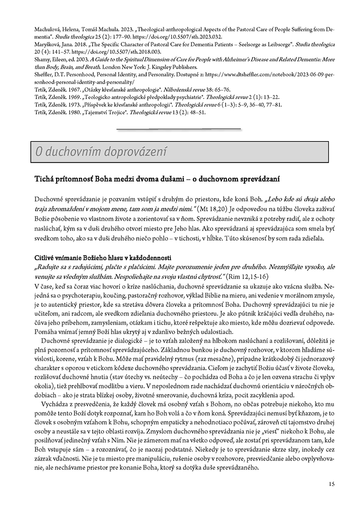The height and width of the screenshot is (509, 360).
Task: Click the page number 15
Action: pyautogui.click(x=332, y=484)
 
